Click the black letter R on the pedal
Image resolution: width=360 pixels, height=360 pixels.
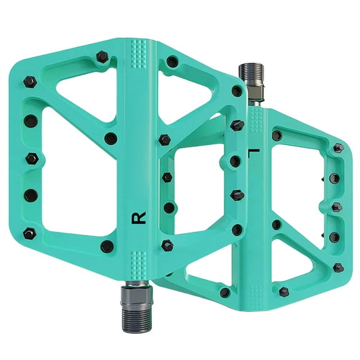(x=139, y=218)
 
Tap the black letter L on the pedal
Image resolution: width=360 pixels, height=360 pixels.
(x=252, y=152)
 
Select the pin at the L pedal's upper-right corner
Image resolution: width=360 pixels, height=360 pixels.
(x=338, y=148)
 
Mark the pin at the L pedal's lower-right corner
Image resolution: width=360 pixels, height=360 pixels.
(x=338, y=267)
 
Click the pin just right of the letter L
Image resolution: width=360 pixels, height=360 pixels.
(x=276, y=136)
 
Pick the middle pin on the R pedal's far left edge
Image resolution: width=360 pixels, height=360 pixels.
(x=31, y=157)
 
